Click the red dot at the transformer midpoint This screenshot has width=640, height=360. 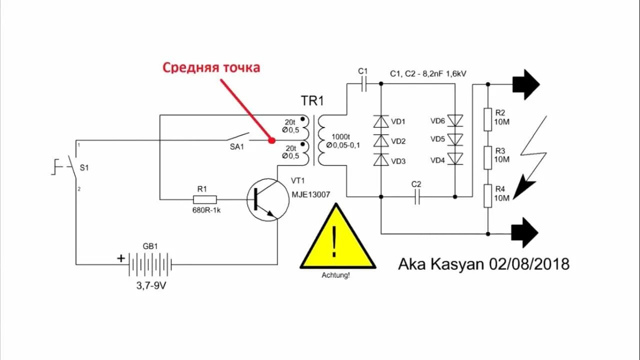click(271, 140)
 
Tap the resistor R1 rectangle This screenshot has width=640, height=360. click(202, 199)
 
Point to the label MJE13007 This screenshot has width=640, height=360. click(310, 194)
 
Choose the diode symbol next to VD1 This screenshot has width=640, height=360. click(381, 121)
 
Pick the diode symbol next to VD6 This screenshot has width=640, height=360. click(455, 120)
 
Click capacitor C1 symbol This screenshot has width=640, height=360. click(364, 84)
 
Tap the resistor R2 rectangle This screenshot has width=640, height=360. click(488, 119)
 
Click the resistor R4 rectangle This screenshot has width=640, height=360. click(488, 196)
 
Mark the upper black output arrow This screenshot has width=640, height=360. click(525, 84)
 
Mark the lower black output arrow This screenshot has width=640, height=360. click(524, 232)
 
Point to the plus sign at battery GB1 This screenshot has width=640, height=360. click(121, 258)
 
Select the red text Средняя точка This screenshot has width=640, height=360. click(211, 67)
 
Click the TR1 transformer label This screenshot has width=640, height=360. click(312, 101)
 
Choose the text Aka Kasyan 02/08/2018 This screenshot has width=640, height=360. click(483, 264)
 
